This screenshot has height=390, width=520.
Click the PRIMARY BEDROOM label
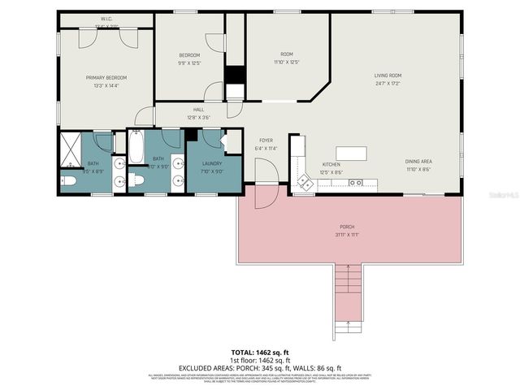pyautogui.click(x=107, y=78)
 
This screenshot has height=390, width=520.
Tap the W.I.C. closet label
pyautogui.click(x=106, y=18)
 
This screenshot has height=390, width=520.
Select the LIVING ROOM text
pyautogui.click(x=388, y=76)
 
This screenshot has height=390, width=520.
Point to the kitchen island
pyautogui.click(x=350, y=154)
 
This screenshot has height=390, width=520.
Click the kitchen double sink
pyautogui.click(x=355, y=183)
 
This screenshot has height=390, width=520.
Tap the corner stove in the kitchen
pyautogui.click(x=305, y=183)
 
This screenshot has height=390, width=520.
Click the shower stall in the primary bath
pyautogui.click(x=71, y=149)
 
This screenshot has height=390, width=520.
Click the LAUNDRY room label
pyautogui.click(x=212, y=163)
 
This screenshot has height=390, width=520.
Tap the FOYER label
pyautogui.click(x=266, y=141)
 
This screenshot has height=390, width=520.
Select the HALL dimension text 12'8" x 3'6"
pyautogui.click(x=198, y=118)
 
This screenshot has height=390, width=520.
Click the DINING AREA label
pyautogui.click(x=418, y=162)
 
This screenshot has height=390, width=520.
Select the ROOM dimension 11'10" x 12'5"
pyautogui.click(x=287, y=62)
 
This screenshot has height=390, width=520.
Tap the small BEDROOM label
pyautogui.click(x=188, y=55)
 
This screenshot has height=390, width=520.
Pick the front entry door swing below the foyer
pyautogui.click(x=264, y=194)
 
